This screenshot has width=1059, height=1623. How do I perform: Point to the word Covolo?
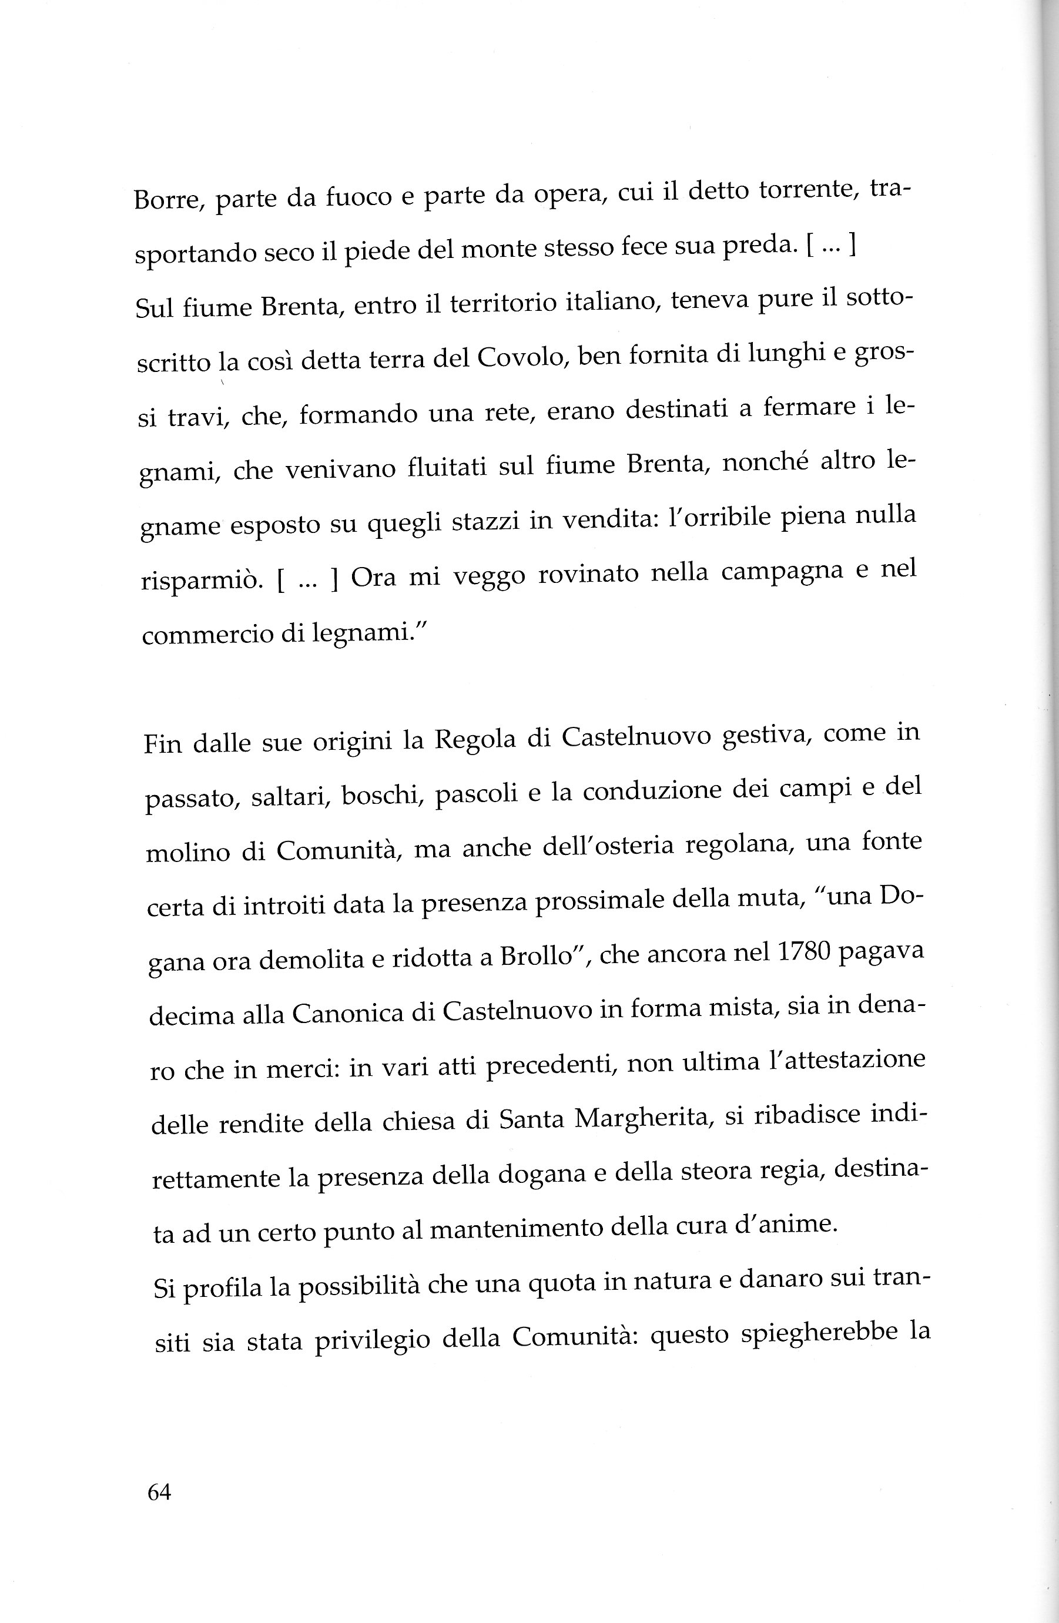click(520, 357)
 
